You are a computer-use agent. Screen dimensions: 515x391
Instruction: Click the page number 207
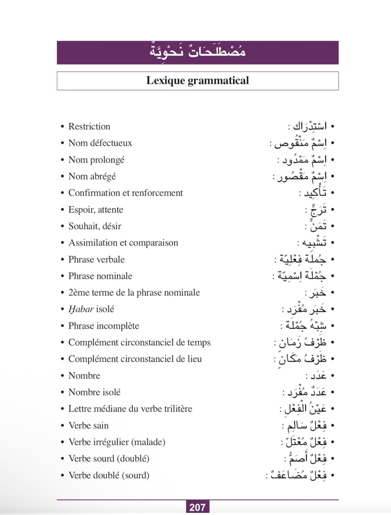197,507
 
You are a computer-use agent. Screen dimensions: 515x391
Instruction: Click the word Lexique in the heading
166,80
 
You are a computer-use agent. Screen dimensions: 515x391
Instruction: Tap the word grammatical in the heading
218,80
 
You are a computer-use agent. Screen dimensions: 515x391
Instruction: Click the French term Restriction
89,126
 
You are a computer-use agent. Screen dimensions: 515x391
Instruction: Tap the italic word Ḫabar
81,309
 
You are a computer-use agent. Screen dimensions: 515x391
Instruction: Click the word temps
199,343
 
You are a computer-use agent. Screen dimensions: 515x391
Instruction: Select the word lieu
195,359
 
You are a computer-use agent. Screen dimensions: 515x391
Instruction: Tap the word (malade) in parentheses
149,442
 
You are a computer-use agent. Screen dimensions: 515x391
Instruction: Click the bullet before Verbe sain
62,425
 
